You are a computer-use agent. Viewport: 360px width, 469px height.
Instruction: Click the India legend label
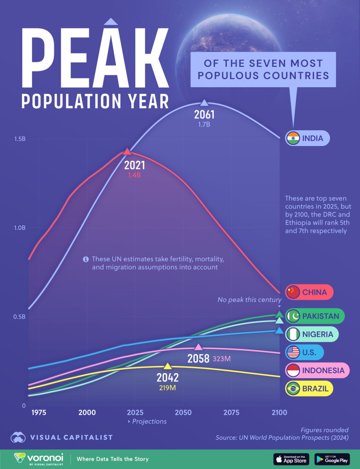click(x=312, y=138)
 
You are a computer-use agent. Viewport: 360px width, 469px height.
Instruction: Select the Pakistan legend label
click(x=320, y=316)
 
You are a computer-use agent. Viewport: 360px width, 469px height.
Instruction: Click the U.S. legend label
click(x=309, y=352)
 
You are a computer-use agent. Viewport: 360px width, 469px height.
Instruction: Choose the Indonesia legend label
click(x=323, y=370)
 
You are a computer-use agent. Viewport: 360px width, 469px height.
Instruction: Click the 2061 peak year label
click(x=204, y=115)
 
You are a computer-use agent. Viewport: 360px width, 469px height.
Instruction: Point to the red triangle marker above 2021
click(x=127, y=151)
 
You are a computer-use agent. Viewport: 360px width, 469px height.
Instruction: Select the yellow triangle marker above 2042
click(x=167, y=366)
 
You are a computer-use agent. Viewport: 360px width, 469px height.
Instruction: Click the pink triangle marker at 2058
click(x=199, y=347)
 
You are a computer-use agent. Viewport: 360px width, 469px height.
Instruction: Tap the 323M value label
click(x=222, y=359)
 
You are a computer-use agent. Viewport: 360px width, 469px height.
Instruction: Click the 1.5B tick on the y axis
click(x=20, y=139)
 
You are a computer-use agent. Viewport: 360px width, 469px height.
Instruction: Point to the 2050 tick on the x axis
click(x=183, y=413)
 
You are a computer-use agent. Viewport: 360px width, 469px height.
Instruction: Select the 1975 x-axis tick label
click(x=39, y=413)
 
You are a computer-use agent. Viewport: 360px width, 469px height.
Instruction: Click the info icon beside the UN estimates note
click(x=86, y=259)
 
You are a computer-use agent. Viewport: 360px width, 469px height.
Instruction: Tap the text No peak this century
click(x=249, y=300)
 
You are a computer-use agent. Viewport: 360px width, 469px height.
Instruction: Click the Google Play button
click(x=332, y=459)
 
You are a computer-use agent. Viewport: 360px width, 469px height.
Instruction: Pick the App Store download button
click(x=291, y=459)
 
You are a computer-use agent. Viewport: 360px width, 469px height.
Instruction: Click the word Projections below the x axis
click(x=149, y=421)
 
